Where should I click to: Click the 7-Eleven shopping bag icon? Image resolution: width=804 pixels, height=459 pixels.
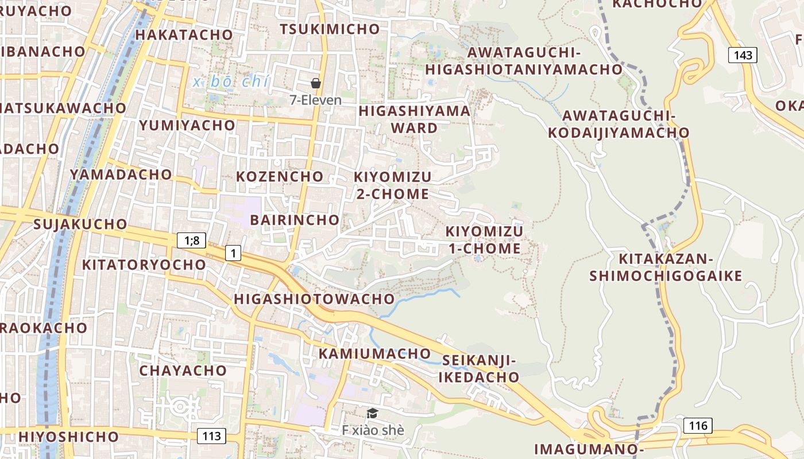[315, 83]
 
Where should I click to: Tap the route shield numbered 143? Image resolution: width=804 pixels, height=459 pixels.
[743, 55]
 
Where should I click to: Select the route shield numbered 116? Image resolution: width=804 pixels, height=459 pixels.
[698, 425]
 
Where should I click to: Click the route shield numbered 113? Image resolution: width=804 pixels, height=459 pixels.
[211, 436]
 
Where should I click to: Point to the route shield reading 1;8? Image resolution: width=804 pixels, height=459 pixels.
[191, 240]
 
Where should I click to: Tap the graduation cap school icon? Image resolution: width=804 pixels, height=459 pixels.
[373, 413]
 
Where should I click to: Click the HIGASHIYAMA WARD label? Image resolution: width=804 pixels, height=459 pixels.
[414, 119]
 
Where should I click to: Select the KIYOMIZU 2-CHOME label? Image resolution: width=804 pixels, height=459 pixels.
[392, 185]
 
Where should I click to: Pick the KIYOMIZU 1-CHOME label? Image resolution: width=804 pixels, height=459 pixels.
[484, 240]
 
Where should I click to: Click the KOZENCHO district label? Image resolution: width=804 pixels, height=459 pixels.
[280, 176]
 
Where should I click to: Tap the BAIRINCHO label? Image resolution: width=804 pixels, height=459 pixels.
[295, 220]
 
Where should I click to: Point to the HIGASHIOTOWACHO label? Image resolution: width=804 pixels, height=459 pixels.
[314, 299]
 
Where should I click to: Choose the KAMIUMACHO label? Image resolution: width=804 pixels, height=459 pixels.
[374, 353]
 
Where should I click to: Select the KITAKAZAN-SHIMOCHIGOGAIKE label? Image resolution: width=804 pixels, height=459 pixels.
[666, 267]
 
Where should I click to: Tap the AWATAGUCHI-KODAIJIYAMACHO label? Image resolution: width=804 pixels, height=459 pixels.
[619, 124]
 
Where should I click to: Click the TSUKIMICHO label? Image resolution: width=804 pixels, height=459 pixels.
[330, 29]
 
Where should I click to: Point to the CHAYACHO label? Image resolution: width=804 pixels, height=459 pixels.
[183, 371]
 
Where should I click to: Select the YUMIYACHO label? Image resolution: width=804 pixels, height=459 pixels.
[187, 125]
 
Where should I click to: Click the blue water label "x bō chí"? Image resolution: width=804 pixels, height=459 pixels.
[231, 82]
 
